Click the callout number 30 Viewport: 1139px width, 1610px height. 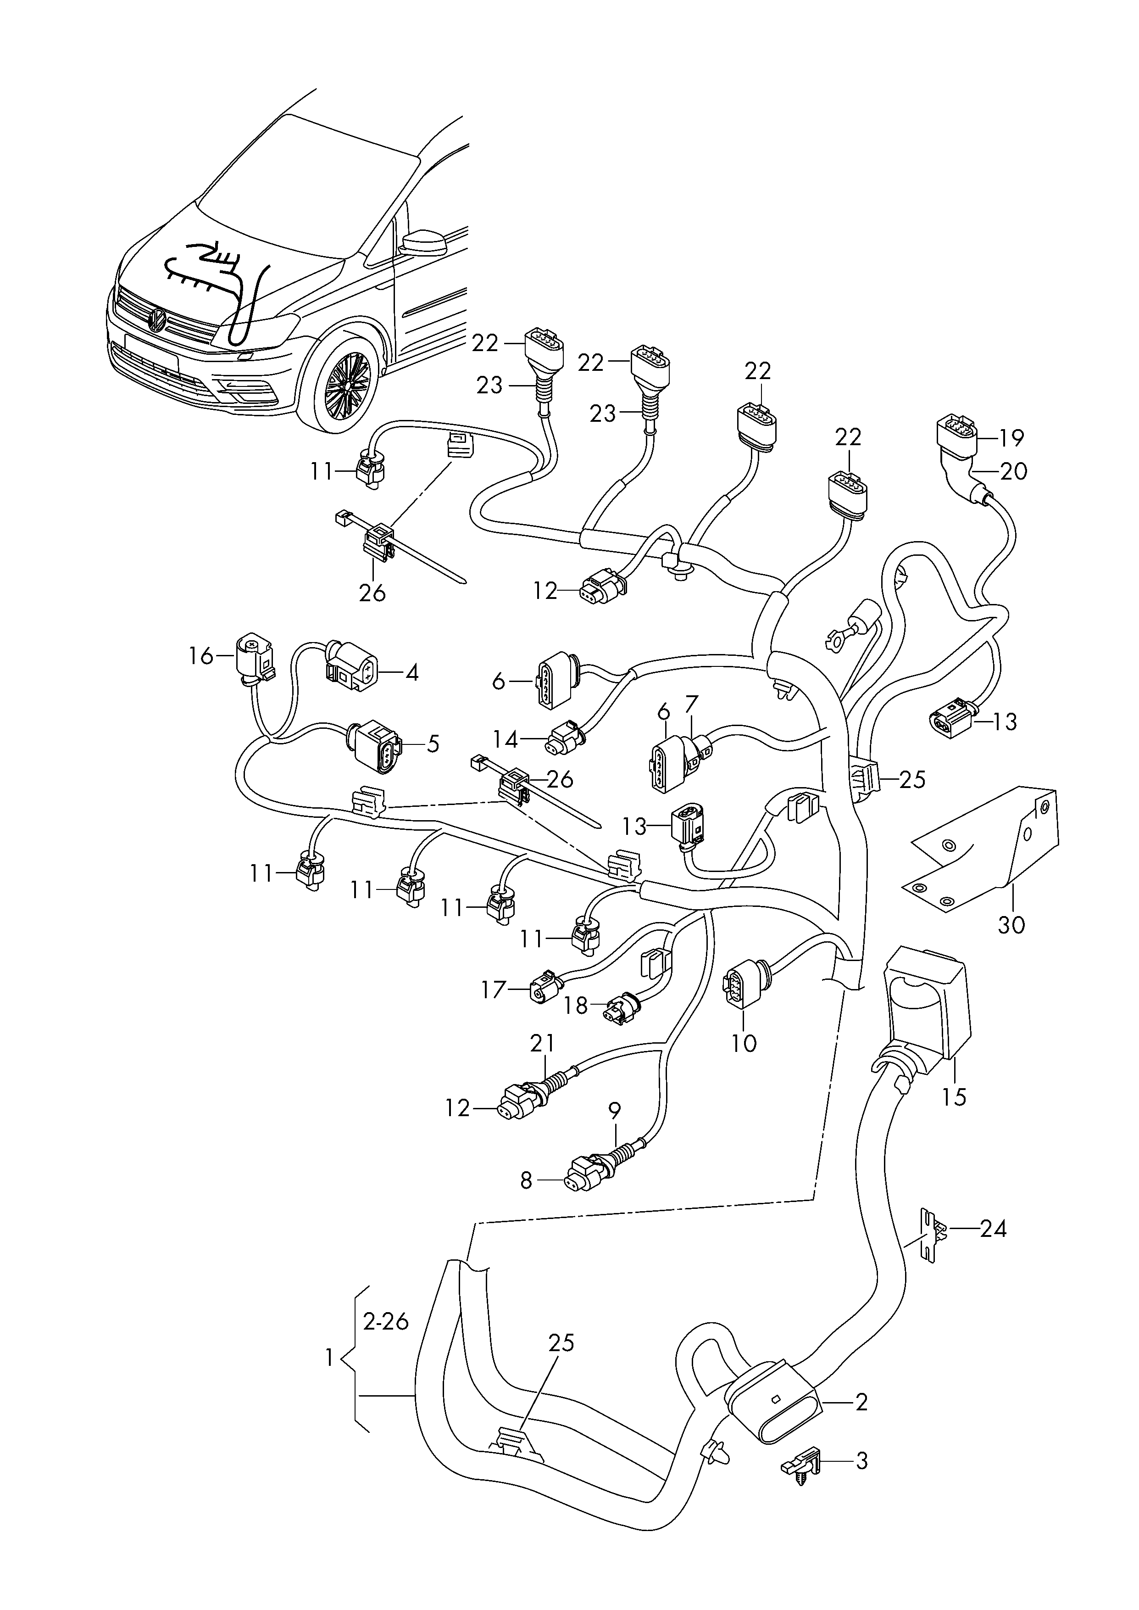tap(1011, 925)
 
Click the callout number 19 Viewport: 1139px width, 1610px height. tap(1010, 438)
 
